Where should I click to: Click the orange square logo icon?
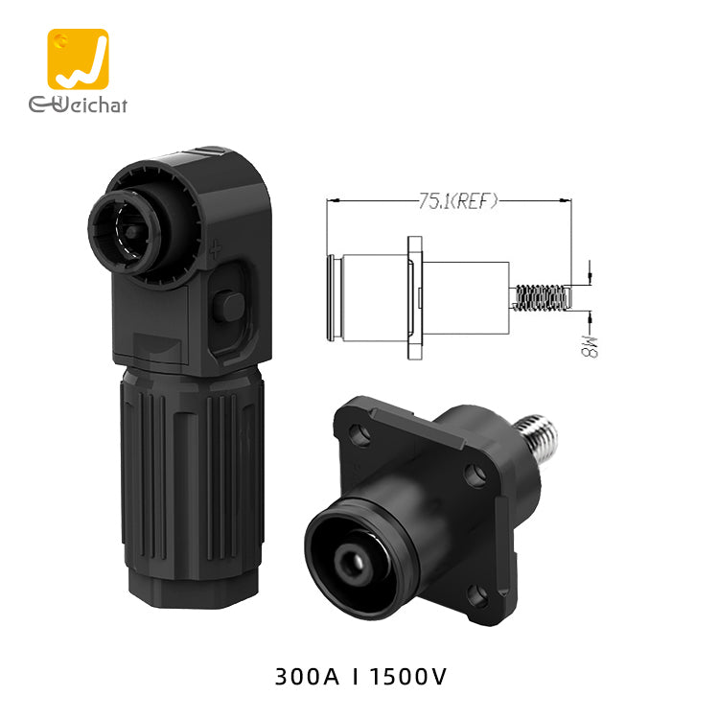point(78,59)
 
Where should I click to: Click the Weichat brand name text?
point(78,104)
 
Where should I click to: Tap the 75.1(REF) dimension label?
point(457,201)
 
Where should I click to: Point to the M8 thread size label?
point(590,346)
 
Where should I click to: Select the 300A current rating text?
point(307,677)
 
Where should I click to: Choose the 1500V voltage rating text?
point(407,677)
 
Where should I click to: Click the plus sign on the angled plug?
point(215,249)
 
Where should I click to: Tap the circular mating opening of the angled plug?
point(125,232)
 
